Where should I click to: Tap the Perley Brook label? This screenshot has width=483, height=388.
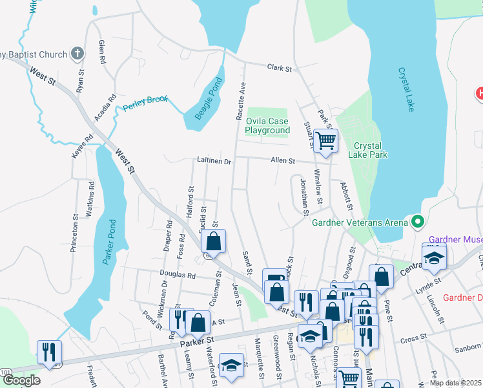tap(146, 102)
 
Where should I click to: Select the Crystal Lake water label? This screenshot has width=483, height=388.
tap(406, 90)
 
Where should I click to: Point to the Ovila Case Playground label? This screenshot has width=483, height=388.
tap(267, 125)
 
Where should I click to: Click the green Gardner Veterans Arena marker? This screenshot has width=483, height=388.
tap(417, 222)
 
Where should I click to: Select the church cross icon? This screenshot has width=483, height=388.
tap(77, 54)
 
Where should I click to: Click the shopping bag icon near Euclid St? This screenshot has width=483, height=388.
tap(213, 242)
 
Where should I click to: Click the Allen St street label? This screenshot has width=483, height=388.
tap(283, 160)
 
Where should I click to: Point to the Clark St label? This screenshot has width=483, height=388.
tap(280, 68)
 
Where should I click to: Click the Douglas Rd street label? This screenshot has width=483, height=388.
tap(178, 274)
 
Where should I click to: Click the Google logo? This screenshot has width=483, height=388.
tap(22, 380)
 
